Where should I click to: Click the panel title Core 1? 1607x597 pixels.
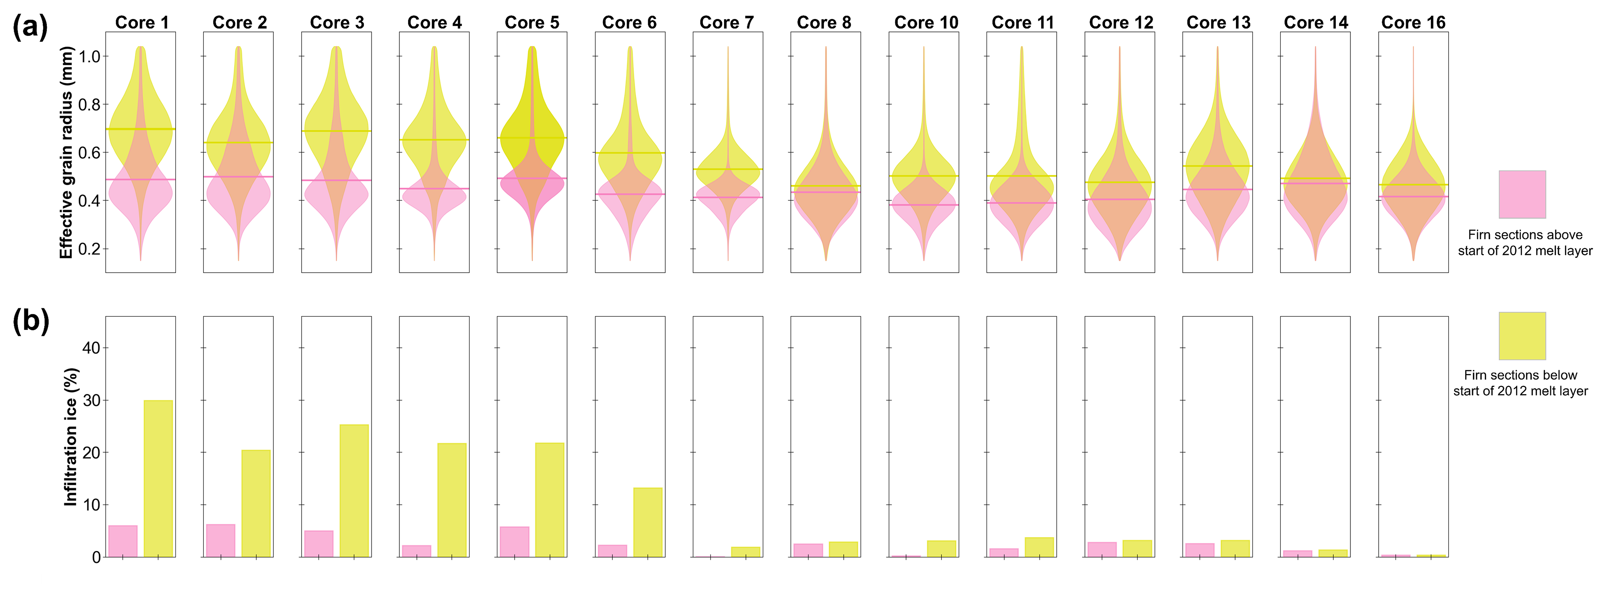(142, 23)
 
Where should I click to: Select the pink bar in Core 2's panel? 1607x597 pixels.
(221, 540)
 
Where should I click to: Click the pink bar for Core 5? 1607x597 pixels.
(514, 542)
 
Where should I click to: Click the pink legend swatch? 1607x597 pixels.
(1522, 194)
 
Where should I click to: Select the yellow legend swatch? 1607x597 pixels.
(1522, 336)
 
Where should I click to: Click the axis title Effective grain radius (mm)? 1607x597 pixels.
(66, 152)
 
